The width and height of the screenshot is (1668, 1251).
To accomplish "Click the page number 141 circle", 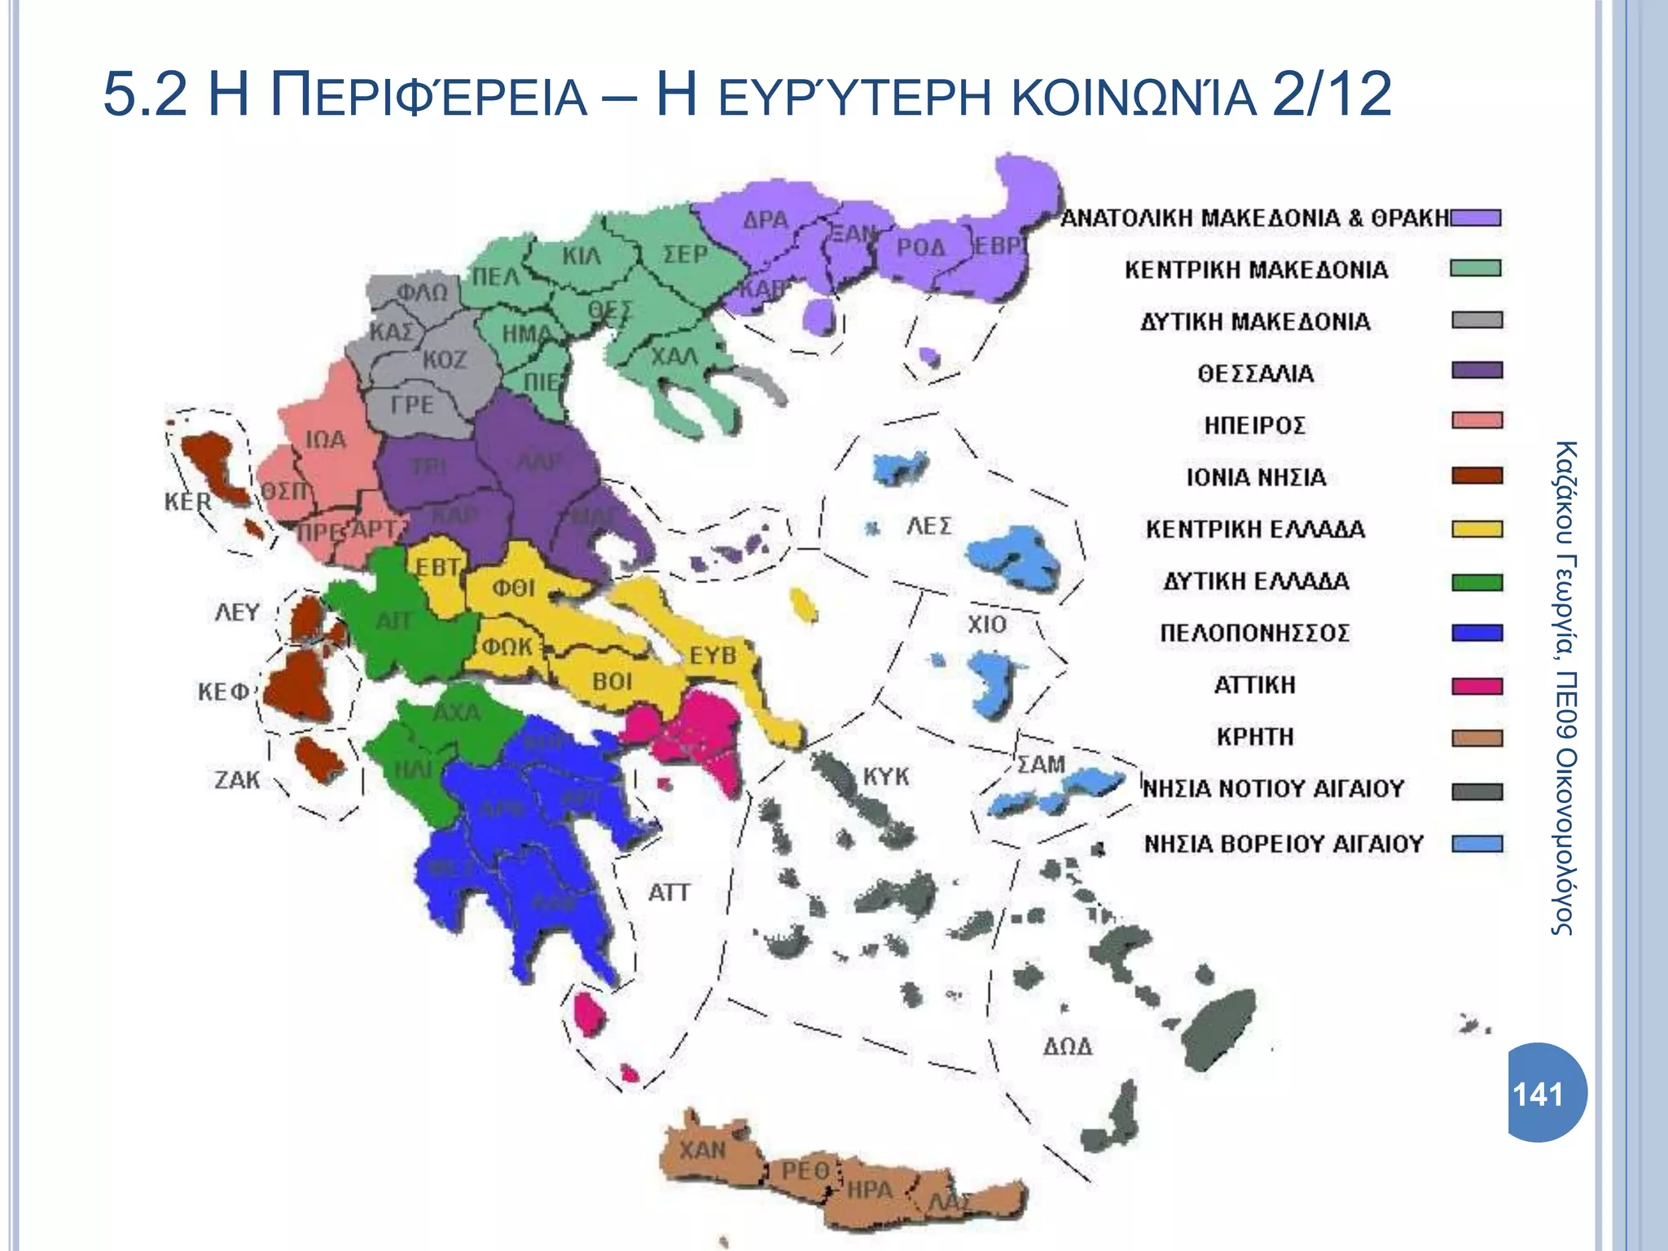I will coord(1544,1093).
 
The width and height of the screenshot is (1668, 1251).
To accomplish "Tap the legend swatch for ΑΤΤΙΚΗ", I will coord(1477,686).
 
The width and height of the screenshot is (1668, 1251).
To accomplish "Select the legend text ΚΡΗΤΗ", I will coord(1255,736).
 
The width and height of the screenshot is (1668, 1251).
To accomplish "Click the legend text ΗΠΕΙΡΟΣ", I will coord(1255,425).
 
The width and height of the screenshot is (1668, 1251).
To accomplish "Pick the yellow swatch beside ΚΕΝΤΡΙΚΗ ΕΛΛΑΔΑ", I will coord(1477,529).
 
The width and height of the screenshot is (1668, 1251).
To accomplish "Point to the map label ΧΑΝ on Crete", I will coord(702,1150).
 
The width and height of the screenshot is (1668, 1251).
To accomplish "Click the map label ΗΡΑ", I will coord(870,1189).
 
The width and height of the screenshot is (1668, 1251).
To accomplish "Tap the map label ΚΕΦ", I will coord(222,691).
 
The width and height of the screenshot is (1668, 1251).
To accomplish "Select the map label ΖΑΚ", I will coord(237,779).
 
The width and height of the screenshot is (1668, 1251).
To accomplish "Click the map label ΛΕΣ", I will coord(928,525).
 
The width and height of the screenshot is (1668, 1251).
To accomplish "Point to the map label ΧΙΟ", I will coord(987,625).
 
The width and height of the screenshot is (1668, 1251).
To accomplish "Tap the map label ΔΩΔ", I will coord(1068,1046).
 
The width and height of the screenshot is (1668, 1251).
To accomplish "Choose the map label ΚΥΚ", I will coord(886,775).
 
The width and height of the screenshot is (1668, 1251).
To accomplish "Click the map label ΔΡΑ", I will coord(766,219).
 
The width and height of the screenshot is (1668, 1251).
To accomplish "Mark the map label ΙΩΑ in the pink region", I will coord(325,440).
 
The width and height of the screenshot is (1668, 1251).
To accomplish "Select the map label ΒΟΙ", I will coord(612,681).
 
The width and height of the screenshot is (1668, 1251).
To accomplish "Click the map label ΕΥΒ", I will coord(713,655).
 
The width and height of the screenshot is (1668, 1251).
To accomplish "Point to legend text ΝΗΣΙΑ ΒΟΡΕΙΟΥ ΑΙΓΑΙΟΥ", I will coord(1284,843).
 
